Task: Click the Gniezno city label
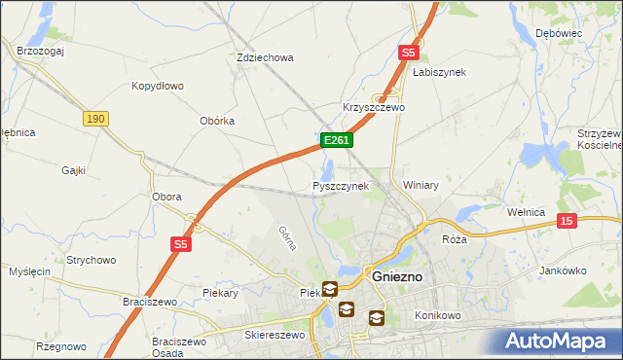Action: tap(398, 276)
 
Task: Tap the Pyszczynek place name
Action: tap(340, 185)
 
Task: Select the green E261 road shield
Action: tap(336, 141)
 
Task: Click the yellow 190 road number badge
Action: tap(94, 119)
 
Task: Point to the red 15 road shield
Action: tap(568, 222)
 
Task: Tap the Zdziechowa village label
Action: tap(265, 57)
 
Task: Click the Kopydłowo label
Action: tap(158, 86)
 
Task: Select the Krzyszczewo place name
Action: tap(373, 107)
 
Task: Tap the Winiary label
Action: tap(421, 185)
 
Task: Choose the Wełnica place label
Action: tap(531, 211)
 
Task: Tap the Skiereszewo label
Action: tap(274, 335)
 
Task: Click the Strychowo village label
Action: tap(92, 260)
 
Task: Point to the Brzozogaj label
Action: tap(40, 51)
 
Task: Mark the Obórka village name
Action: tap(217, 121)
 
